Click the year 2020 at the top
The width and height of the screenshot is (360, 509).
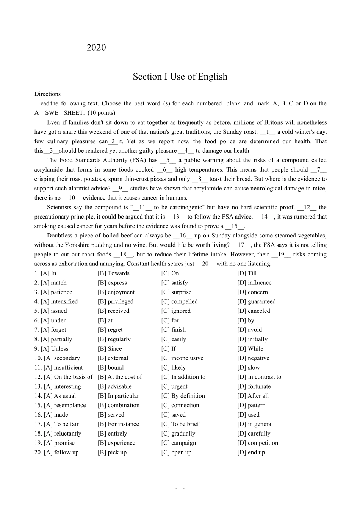coord(96,48)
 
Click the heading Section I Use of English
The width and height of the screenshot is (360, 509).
coord(180,77)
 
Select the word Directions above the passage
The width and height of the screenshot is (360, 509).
coord(47,94)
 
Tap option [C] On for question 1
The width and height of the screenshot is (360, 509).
coord(170,273)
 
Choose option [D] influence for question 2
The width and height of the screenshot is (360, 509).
coord(254,283)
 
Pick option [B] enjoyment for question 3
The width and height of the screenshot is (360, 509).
coord(116,292)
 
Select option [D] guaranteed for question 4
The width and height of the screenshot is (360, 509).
coord(257,301)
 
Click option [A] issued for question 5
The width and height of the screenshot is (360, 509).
coord(53,311)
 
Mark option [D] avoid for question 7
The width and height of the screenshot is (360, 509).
coord(250,330)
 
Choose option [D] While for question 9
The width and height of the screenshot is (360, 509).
coord(250,349)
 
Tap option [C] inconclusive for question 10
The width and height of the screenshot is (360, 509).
coord(182,358)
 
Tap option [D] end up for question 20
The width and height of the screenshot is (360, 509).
coord(251,452)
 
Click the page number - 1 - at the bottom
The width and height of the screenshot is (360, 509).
coord(180,488)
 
